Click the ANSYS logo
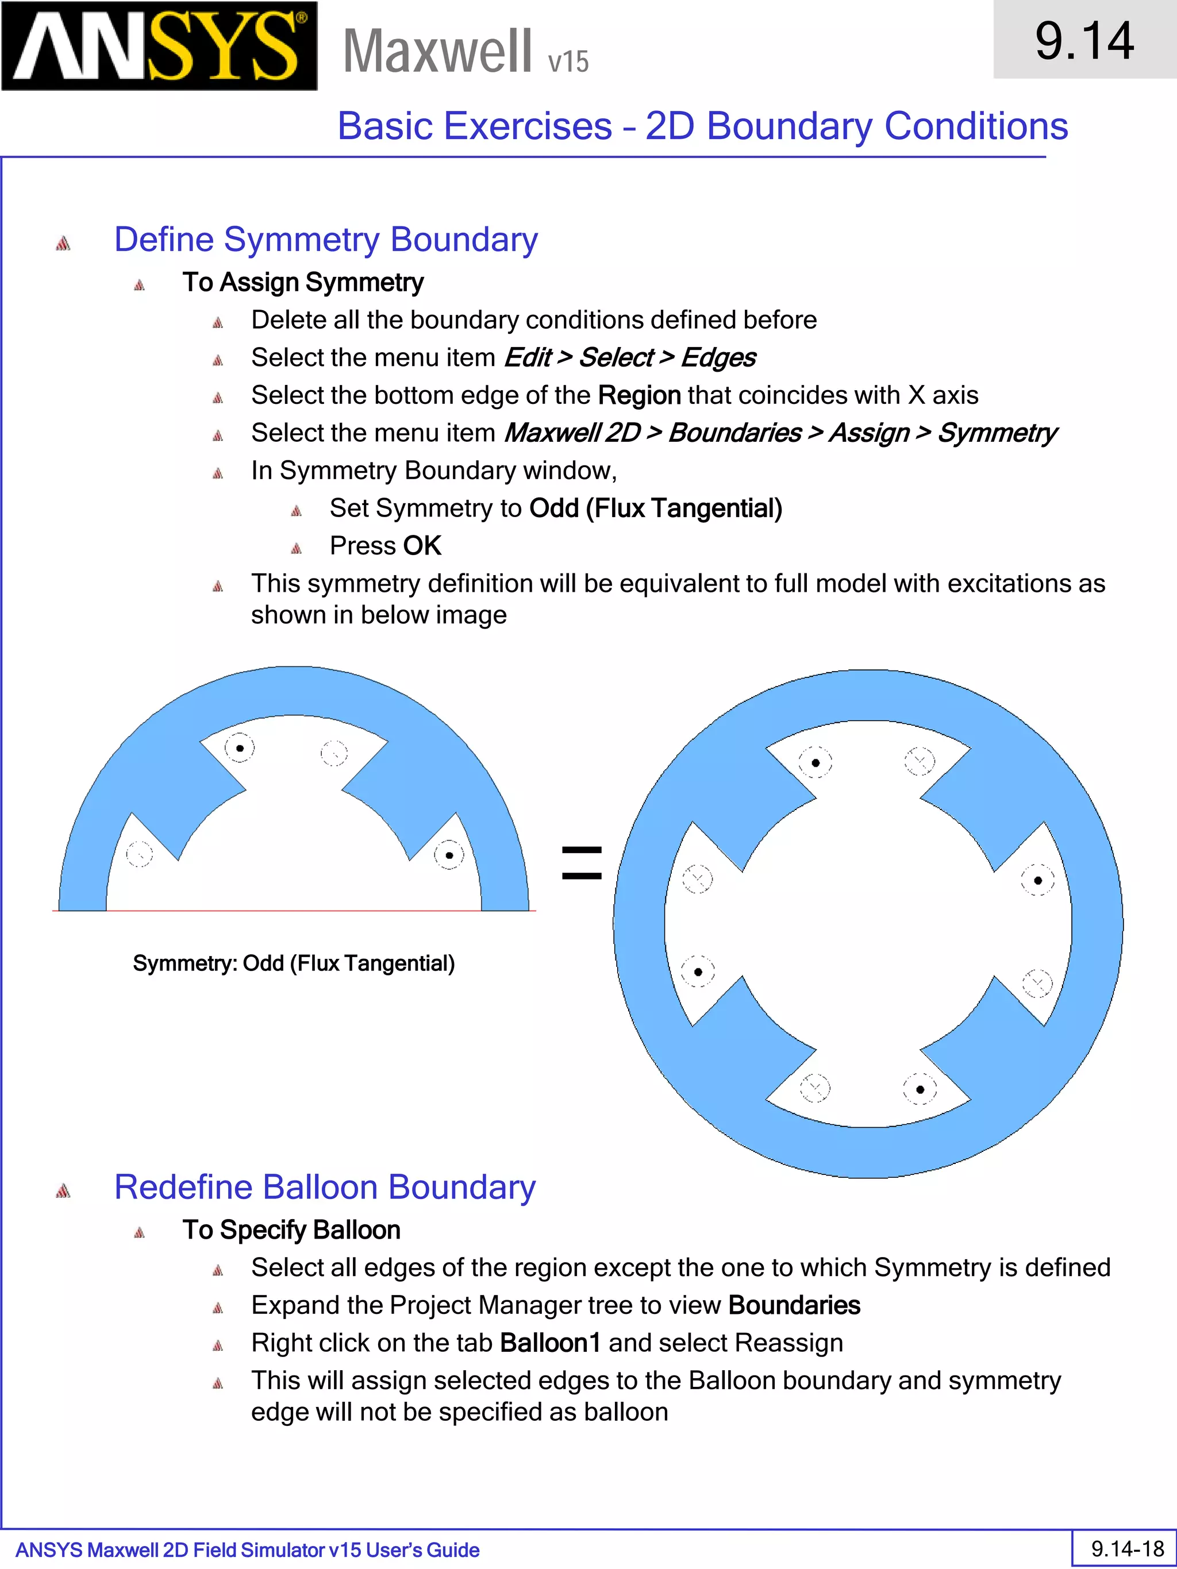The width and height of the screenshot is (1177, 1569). point(159,47)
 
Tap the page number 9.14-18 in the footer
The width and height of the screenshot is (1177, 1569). point(1126,1548)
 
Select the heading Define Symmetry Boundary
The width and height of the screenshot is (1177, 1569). point(326,240)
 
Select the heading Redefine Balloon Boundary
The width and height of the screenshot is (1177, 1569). point(325,1188)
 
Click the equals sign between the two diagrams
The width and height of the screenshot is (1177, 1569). point(581,862)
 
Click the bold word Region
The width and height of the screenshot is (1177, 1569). point(639,395)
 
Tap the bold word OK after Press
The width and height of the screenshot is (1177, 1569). point(422,545)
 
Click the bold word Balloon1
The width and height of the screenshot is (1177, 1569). point(550,1343)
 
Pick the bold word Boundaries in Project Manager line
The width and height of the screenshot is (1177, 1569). point(794,1305)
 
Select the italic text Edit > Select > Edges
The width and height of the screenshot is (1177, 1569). point(629,357)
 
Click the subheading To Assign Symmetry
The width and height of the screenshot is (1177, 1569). point(303,282)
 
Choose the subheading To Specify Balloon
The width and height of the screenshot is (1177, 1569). point(291,1230)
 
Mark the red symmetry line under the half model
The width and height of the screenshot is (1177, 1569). point(294,910)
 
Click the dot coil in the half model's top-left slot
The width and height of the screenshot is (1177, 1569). point(240,747)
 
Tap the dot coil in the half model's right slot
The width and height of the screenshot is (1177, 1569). point(448,855)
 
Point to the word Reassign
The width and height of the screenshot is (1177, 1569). point(789,1343)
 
